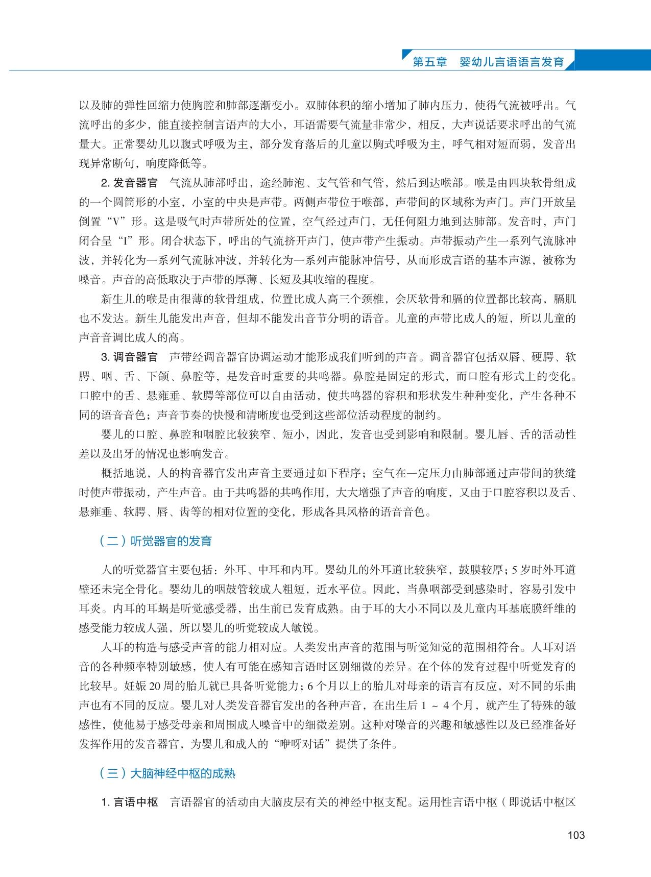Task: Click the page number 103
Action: [x=576, y=835]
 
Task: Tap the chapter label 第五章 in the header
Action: [x=429, y=62]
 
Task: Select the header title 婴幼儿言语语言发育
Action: [x=512, y=62]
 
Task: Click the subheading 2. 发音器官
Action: [x=129, y=183]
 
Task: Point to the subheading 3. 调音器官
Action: [x=129, y=357]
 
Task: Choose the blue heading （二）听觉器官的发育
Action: [x=156, y=541]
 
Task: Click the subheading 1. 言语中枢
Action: [x=129, y=802]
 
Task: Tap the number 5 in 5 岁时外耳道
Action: [x=515, y=570]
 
